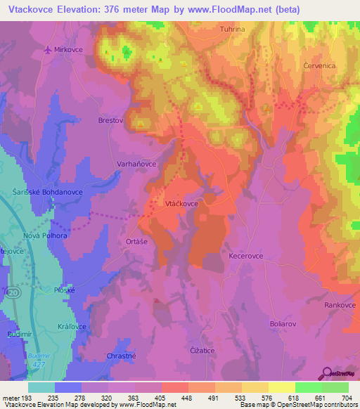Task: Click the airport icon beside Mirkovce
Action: (48, 50)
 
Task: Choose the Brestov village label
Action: (110, 121)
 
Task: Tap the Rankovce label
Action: (340, 305)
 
